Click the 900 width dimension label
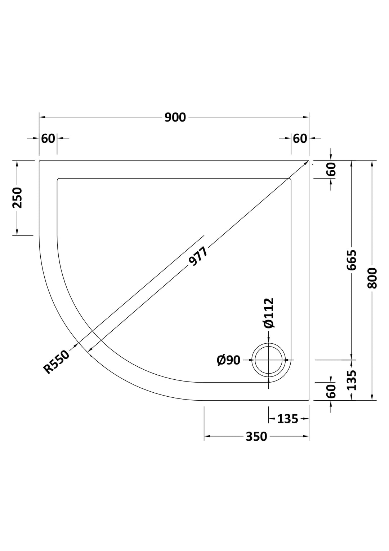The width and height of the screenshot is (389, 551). (x=175, y=117)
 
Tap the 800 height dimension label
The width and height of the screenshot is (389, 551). (x=372, y=278)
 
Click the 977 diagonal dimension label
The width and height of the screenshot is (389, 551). (x=198, y=256)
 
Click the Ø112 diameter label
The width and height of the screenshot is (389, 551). (x=269, y=313)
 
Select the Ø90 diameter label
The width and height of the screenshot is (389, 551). (x=228, y=360)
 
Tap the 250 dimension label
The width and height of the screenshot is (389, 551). (x=17, y=198)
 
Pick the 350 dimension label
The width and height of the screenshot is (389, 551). (x=256, y=436)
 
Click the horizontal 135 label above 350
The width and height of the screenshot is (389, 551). (x=287, y=419)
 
